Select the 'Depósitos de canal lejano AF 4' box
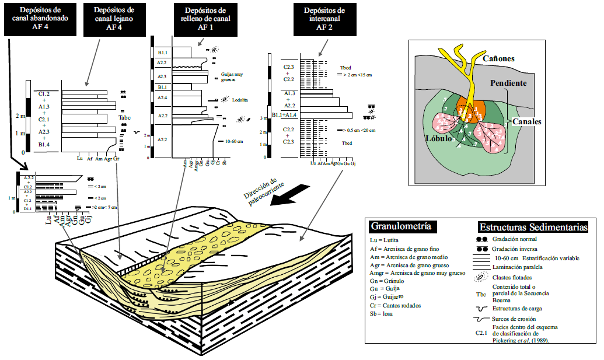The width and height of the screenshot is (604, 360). [114, 19]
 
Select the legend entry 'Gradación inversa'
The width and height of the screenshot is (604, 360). [515, 249]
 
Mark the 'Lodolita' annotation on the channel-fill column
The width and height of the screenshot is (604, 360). [239, 100]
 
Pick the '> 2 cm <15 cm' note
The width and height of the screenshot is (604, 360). [357, 75]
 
